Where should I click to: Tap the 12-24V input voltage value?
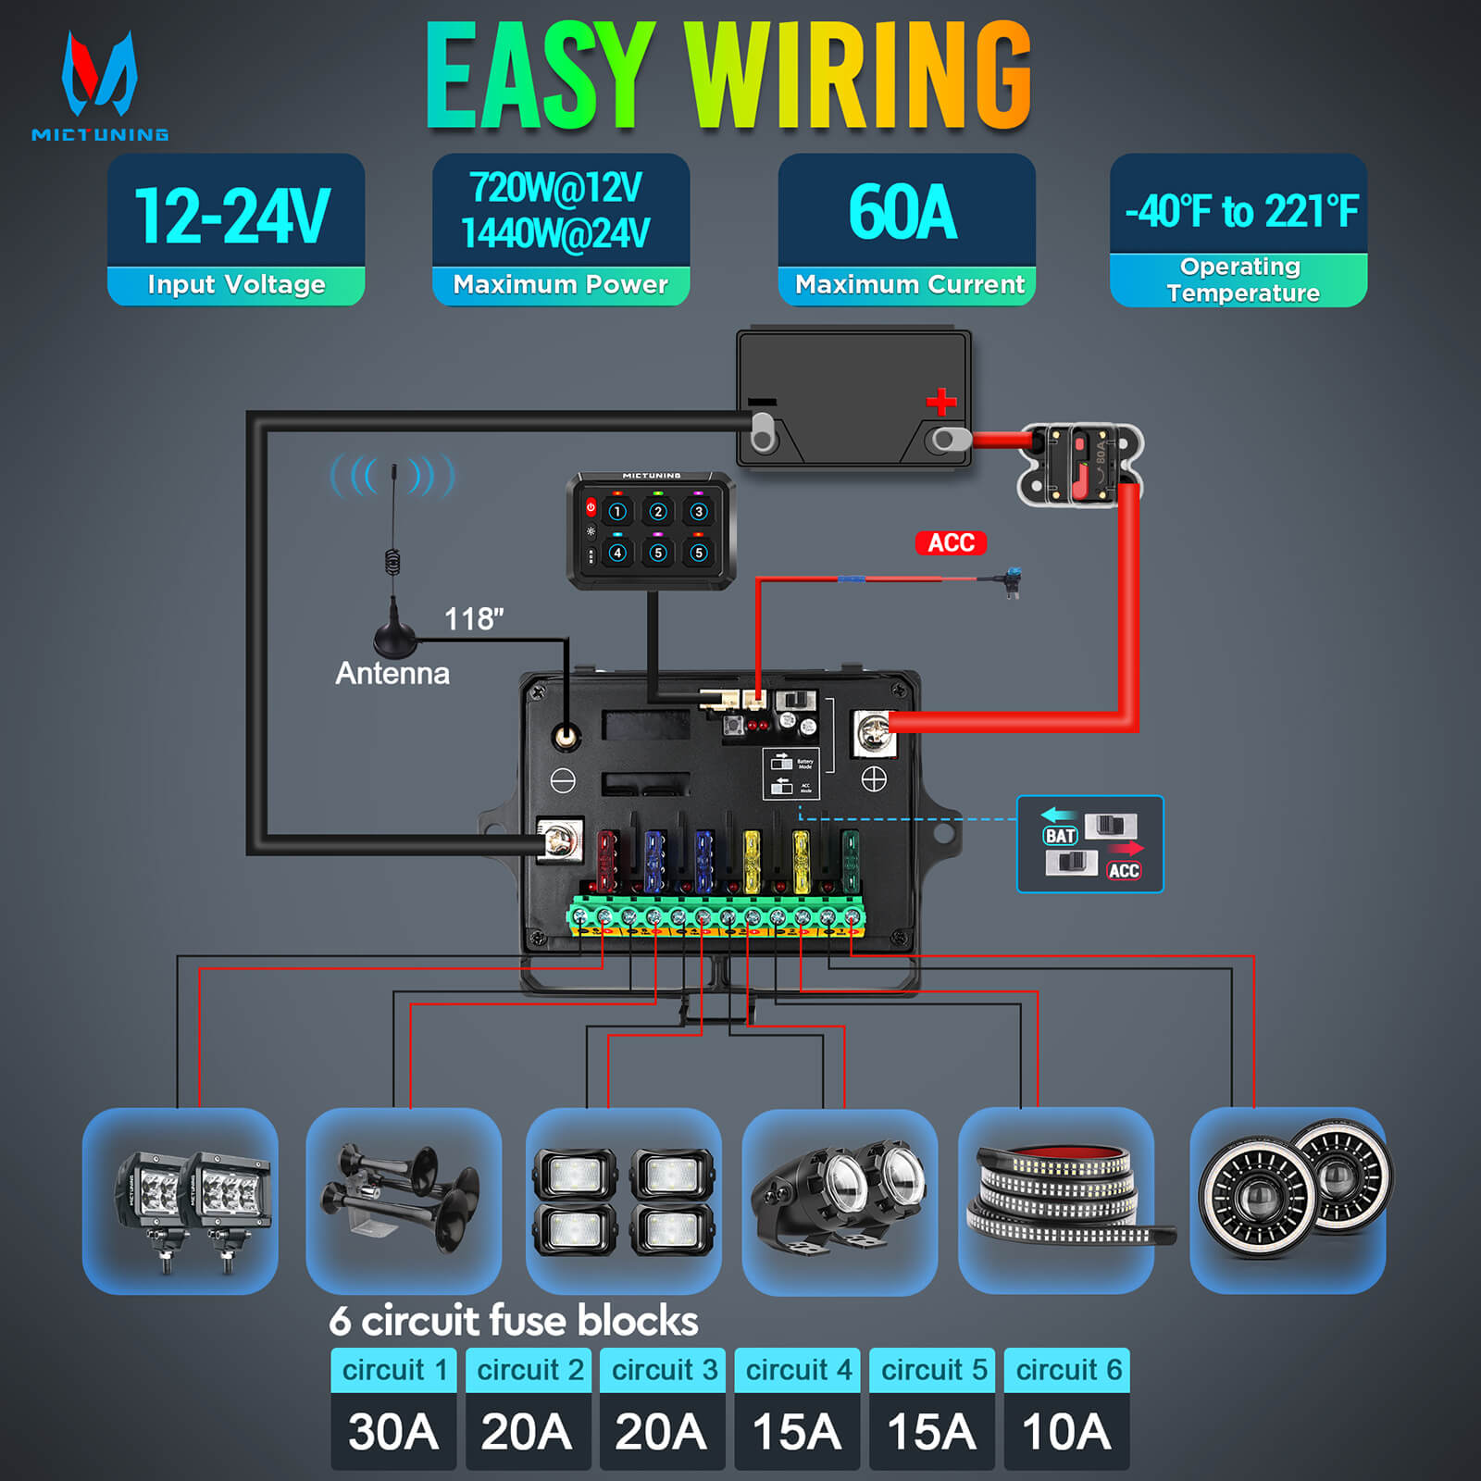233,216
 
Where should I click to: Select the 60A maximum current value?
903,213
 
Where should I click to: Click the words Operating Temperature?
1240,280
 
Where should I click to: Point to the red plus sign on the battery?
941,402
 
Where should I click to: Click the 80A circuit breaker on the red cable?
1079,465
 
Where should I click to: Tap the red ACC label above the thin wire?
951,542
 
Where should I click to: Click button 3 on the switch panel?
699,512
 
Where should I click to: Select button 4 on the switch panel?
617,554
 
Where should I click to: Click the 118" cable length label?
474,618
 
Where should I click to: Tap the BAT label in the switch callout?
1060,836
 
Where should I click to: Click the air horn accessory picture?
403,1200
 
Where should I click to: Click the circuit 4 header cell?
799,1370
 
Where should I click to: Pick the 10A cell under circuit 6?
1066,1432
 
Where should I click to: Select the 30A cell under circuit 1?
393,1432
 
